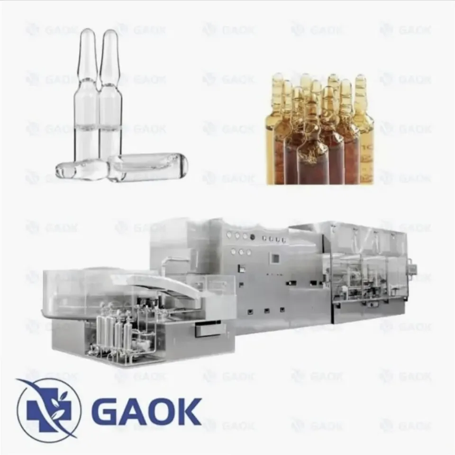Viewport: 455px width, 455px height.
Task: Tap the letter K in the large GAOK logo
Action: point(188,412)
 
